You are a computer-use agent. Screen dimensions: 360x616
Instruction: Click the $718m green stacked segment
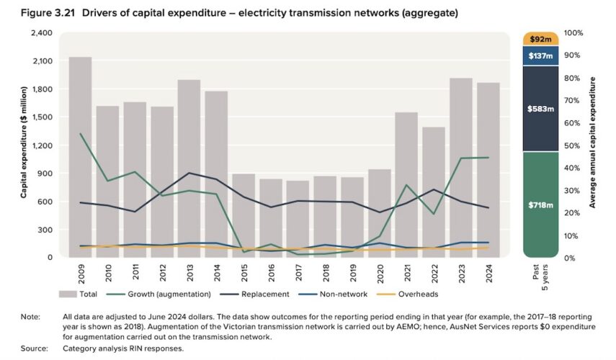540,204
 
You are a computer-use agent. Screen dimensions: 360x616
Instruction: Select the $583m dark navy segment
540,109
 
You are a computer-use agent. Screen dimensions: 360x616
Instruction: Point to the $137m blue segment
540,56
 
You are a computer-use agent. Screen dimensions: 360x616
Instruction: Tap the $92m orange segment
540,39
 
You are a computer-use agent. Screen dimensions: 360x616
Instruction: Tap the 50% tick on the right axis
573,146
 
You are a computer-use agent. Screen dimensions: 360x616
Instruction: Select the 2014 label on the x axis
215,273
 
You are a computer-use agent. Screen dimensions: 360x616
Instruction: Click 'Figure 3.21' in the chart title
34,13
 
